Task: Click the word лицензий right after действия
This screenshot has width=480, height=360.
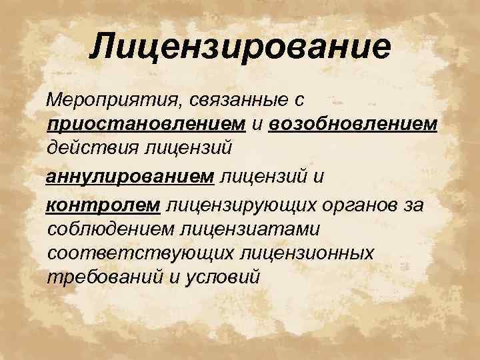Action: [x=186, y=143]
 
